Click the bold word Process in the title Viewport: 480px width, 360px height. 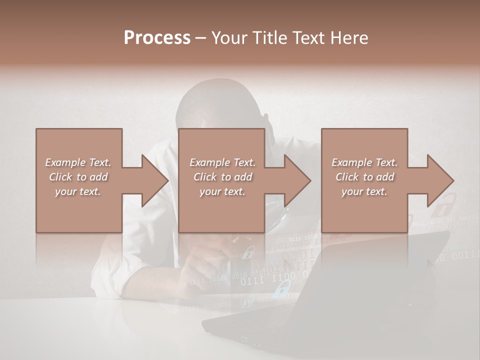pyautogui.click(x=157, y=38)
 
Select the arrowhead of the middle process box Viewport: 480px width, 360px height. pyautogui.click(x=296, y=180)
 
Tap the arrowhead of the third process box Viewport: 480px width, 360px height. pyautogui.click(x=439, y=180)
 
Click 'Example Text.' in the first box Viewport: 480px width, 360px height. pyautogui.click(x=78, y=162)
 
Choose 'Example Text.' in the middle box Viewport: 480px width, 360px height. pyautogui.click(x=222, y=162)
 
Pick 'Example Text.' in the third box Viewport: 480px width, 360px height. pyautogui.click(x=364, y=162)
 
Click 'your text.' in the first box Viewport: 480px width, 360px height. pyautogui.click(x=78, y=191)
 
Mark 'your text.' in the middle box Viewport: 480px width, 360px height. pyautogui.click(x=222, y=191)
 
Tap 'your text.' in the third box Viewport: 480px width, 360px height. pyautogui.click(x=364, y=191)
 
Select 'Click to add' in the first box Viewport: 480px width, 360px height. pyautogui.click(x=78, y=177)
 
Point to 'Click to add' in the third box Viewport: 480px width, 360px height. pyautogui.click(x=365, y=177)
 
